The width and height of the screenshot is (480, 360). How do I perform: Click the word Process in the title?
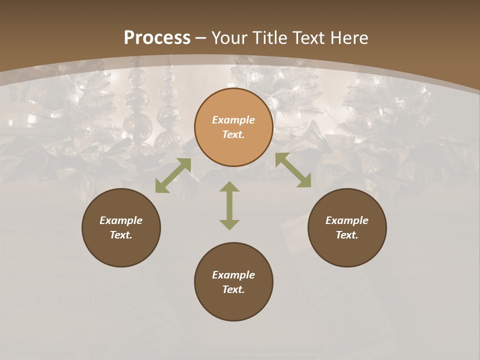[x=157, y=38]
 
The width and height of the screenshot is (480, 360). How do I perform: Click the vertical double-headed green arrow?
[x=229, y=205]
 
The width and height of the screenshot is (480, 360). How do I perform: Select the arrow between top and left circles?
[x=173, y=175]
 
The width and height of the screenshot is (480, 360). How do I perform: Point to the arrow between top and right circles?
[x=293, y=170]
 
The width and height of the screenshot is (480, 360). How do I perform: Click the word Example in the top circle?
[x=233, y=120]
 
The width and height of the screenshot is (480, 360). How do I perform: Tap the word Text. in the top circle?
[x=233, y=134]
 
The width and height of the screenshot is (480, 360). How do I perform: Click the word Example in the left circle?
[x=121, y=220]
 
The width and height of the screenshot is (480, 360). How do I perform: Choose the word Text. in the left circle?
[x=121, y=235]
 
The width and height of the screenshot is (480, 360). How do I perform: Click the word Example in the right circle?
[x=347, y=220]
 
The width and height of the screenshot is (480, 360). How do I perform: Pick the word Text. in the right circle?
[x=347, y=235]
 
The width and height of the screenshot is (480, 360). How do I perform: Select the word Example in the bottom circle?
[x=233, y=275]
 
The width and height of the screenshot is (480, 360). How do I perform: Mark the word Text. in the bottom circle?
[x=233, y=289]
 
